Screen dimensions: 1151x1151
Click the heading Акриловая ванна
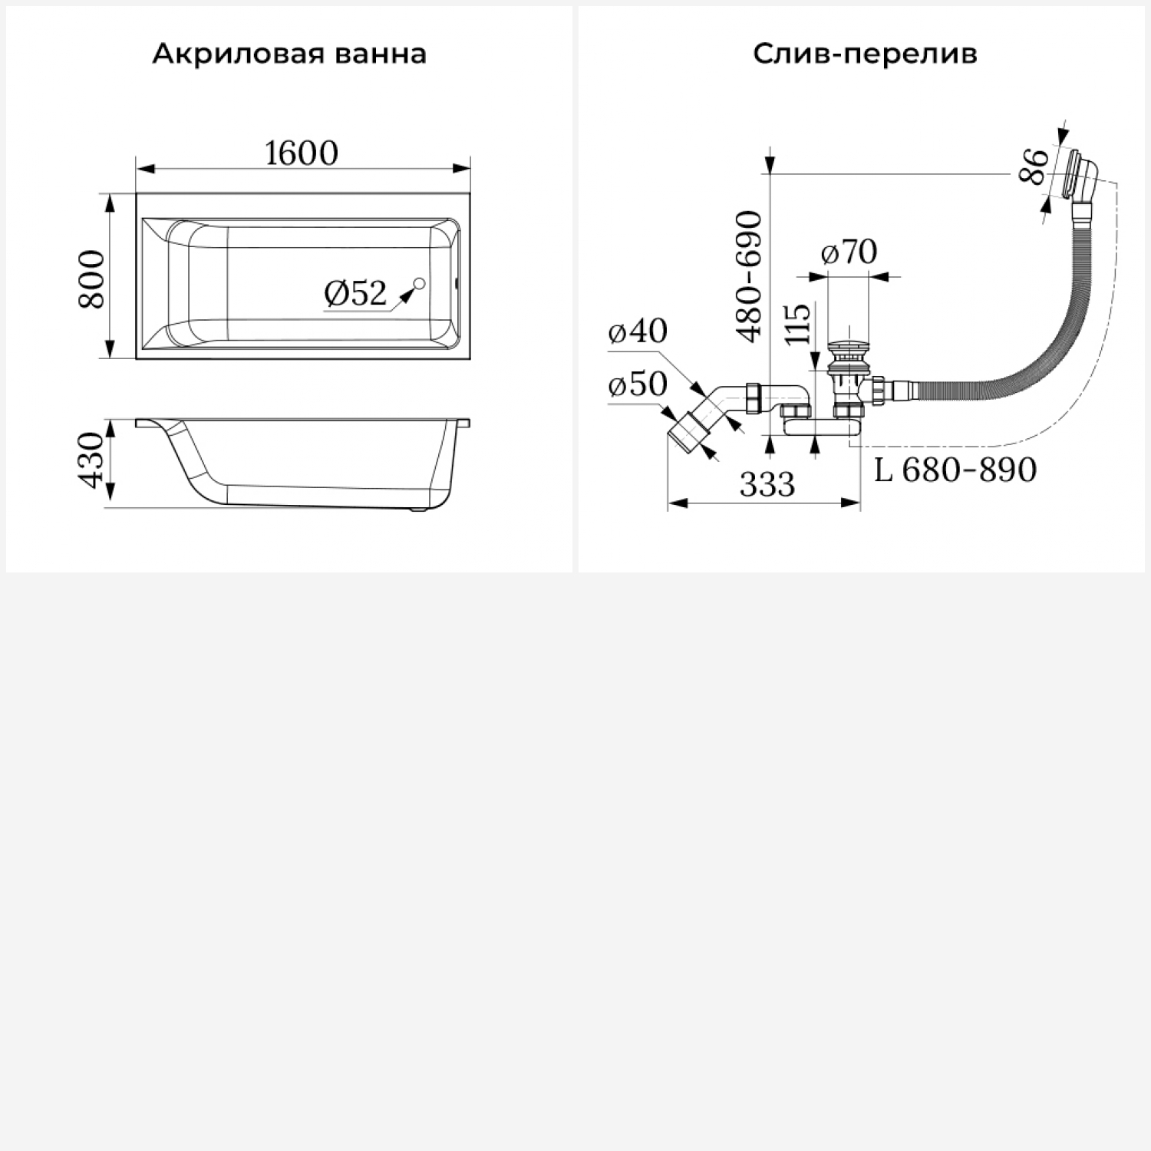[x=289, y=54]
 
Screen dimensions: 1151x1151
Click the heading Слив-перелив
[x=865, y=54]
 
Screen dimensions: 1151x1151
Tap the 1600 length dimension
[x=302, y=153]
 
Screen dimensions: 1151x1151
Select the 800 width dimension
[x=92, y=278]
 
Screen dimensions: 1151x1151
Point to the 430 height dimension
[x=92, y=460]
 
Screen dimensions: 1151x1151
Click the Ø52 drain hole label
[x=355, y=293]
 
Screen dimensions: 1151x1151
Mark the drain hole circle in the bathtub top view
[x=419, y=285]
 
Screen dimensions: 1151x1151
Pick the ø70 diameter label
[x=849, y=252]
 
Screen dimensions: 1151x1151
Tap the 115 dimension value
[x=798, y=324]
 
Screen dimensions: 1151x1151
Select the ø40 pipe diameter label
[x=638, y=331]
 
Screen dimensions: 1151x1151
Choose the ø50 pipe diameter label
[x=638, y=384]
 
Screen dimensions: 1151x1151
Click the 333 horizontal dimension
[x=767, y=485]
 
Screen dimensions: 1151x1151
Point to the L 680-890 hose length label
[x=955, y=470]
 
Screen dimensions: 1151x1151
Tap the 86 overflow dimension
[x=1034, y=166]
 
